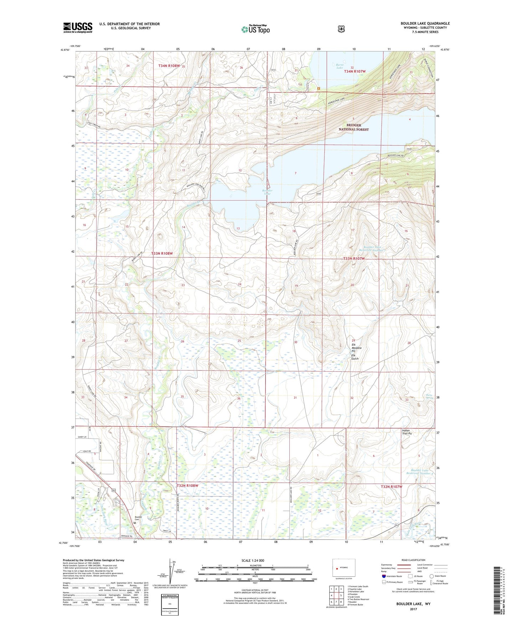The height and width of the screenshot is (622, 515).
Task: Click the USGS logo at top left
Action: click(x=78, y=27)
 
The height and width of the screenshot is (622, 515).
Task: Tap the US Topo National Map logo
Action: click(x=255, y=29)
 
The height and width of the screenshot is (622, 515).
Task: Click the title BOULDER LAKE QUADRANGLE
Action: click(x=425, y=24)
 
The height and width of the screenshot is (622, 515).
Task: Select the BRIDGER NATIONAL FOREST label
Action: click(x=353, y=127)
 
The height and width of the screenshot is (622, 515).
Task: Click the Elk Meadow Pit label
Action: click(x=356, y=348)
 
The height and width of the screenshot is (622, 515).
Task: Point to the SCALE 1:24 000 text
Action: click(x=253, y=560)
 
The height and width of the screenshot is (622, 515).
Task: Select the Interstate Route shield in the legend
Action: click(x=383, y=576)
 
